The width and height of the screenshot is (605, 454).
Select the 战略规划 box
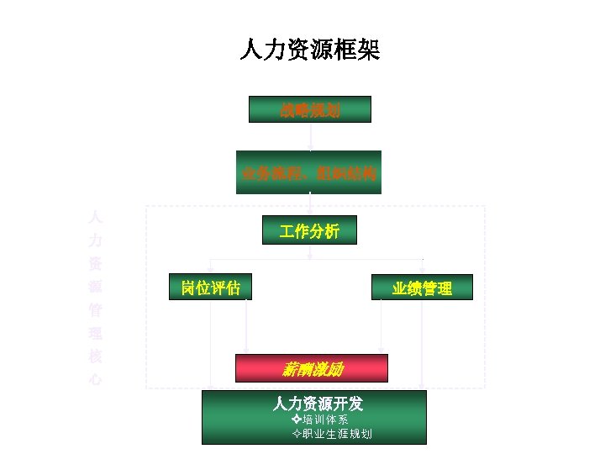coord(310,109)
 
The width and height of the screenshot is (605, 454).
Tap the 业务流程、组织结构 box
coord(308,173)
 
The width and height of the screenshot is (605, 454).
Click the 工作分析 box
coord(309,230)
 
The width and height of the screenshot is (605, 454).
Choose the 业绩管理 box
coord(422,288)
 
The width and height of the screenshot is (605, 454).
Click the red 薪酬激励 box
coord(312,368)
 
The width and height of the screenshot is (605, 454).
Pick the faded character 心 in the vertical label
coord(96,379)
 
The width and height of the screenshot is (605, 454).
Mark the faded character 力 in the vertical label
coord(96,239)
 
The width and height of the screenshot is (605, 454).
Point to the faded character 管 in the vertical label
coord(96,309)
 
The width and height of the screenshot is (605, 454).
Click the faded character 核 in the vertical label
coord(96,356)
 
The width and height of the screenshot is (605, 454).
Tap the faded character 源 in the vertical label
coord(96,285)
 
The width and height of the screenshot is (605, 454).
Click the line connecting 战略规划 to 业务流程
coord(310,135)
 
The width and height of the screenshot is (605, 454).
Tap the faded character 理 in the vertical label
coord(96,332)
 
